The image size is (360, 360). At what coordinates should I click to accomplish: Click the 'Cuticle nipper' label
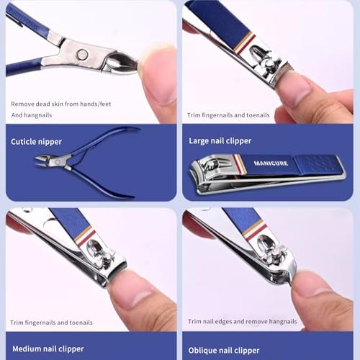point(36,142)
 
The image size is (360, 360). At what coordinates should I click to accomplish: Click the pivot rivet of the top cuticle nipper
point(82,54)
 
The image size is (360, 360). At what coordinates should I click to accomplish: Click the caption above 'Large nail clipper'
point(228,114)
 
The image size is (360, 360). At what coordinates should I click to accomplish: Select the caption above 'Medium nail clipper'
point(50,321)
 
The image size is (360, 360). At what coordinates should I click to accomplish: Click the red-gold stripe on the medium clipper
point(85,235)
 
